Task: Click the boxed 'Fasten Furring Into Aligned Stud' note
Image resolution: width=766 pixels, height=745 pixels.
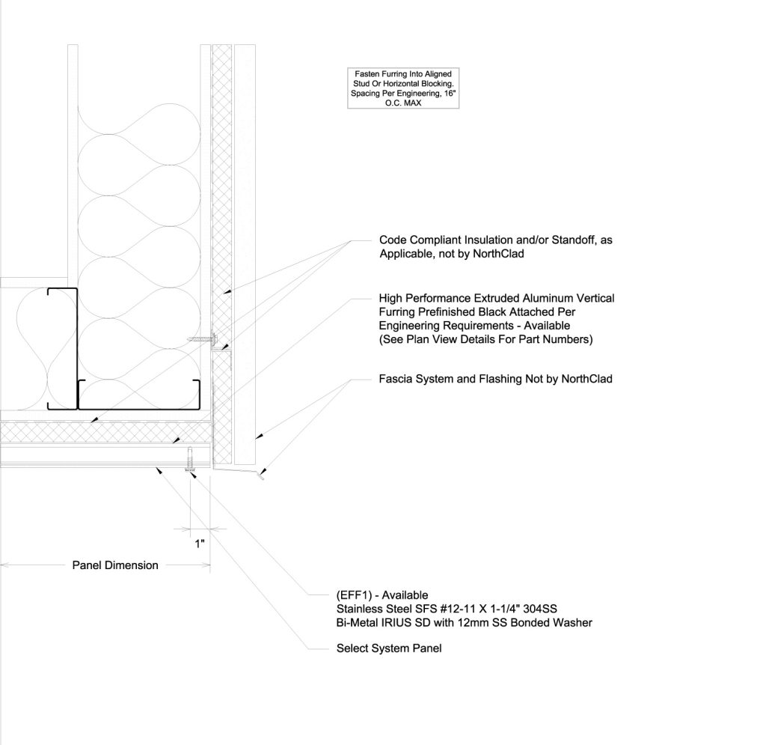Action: (x=404, y=88)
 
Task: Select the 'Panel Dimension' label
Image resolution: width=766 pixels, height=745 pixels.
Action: (x=115, y=565)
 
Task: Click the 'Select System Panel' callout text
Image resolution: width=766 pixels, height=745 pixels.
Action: (x=389, y=648)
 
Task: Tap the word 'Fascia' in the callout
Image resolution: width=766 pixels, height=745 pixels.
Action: (x=396, y=379)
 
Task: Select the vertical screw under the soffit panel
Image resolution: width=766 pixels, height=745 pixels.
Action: (x=191, y=458)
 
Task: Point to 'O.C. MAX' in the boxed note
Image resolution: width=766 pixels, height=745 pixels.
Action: (x=404, y=103)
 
